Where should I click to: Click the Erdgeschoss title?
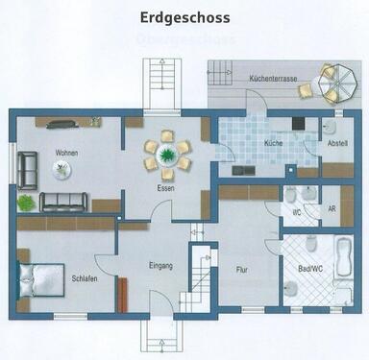tap(184, 17)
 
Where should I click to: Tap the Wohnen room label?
tap(66, 153)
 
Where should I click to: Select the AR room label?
tap(332, 208)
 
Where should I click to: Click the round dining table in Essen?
tap(168, 154)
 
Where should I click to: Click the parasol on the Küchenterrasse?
tap(337, 75)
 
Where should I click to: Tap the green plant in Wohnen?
tap(25, 203)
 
